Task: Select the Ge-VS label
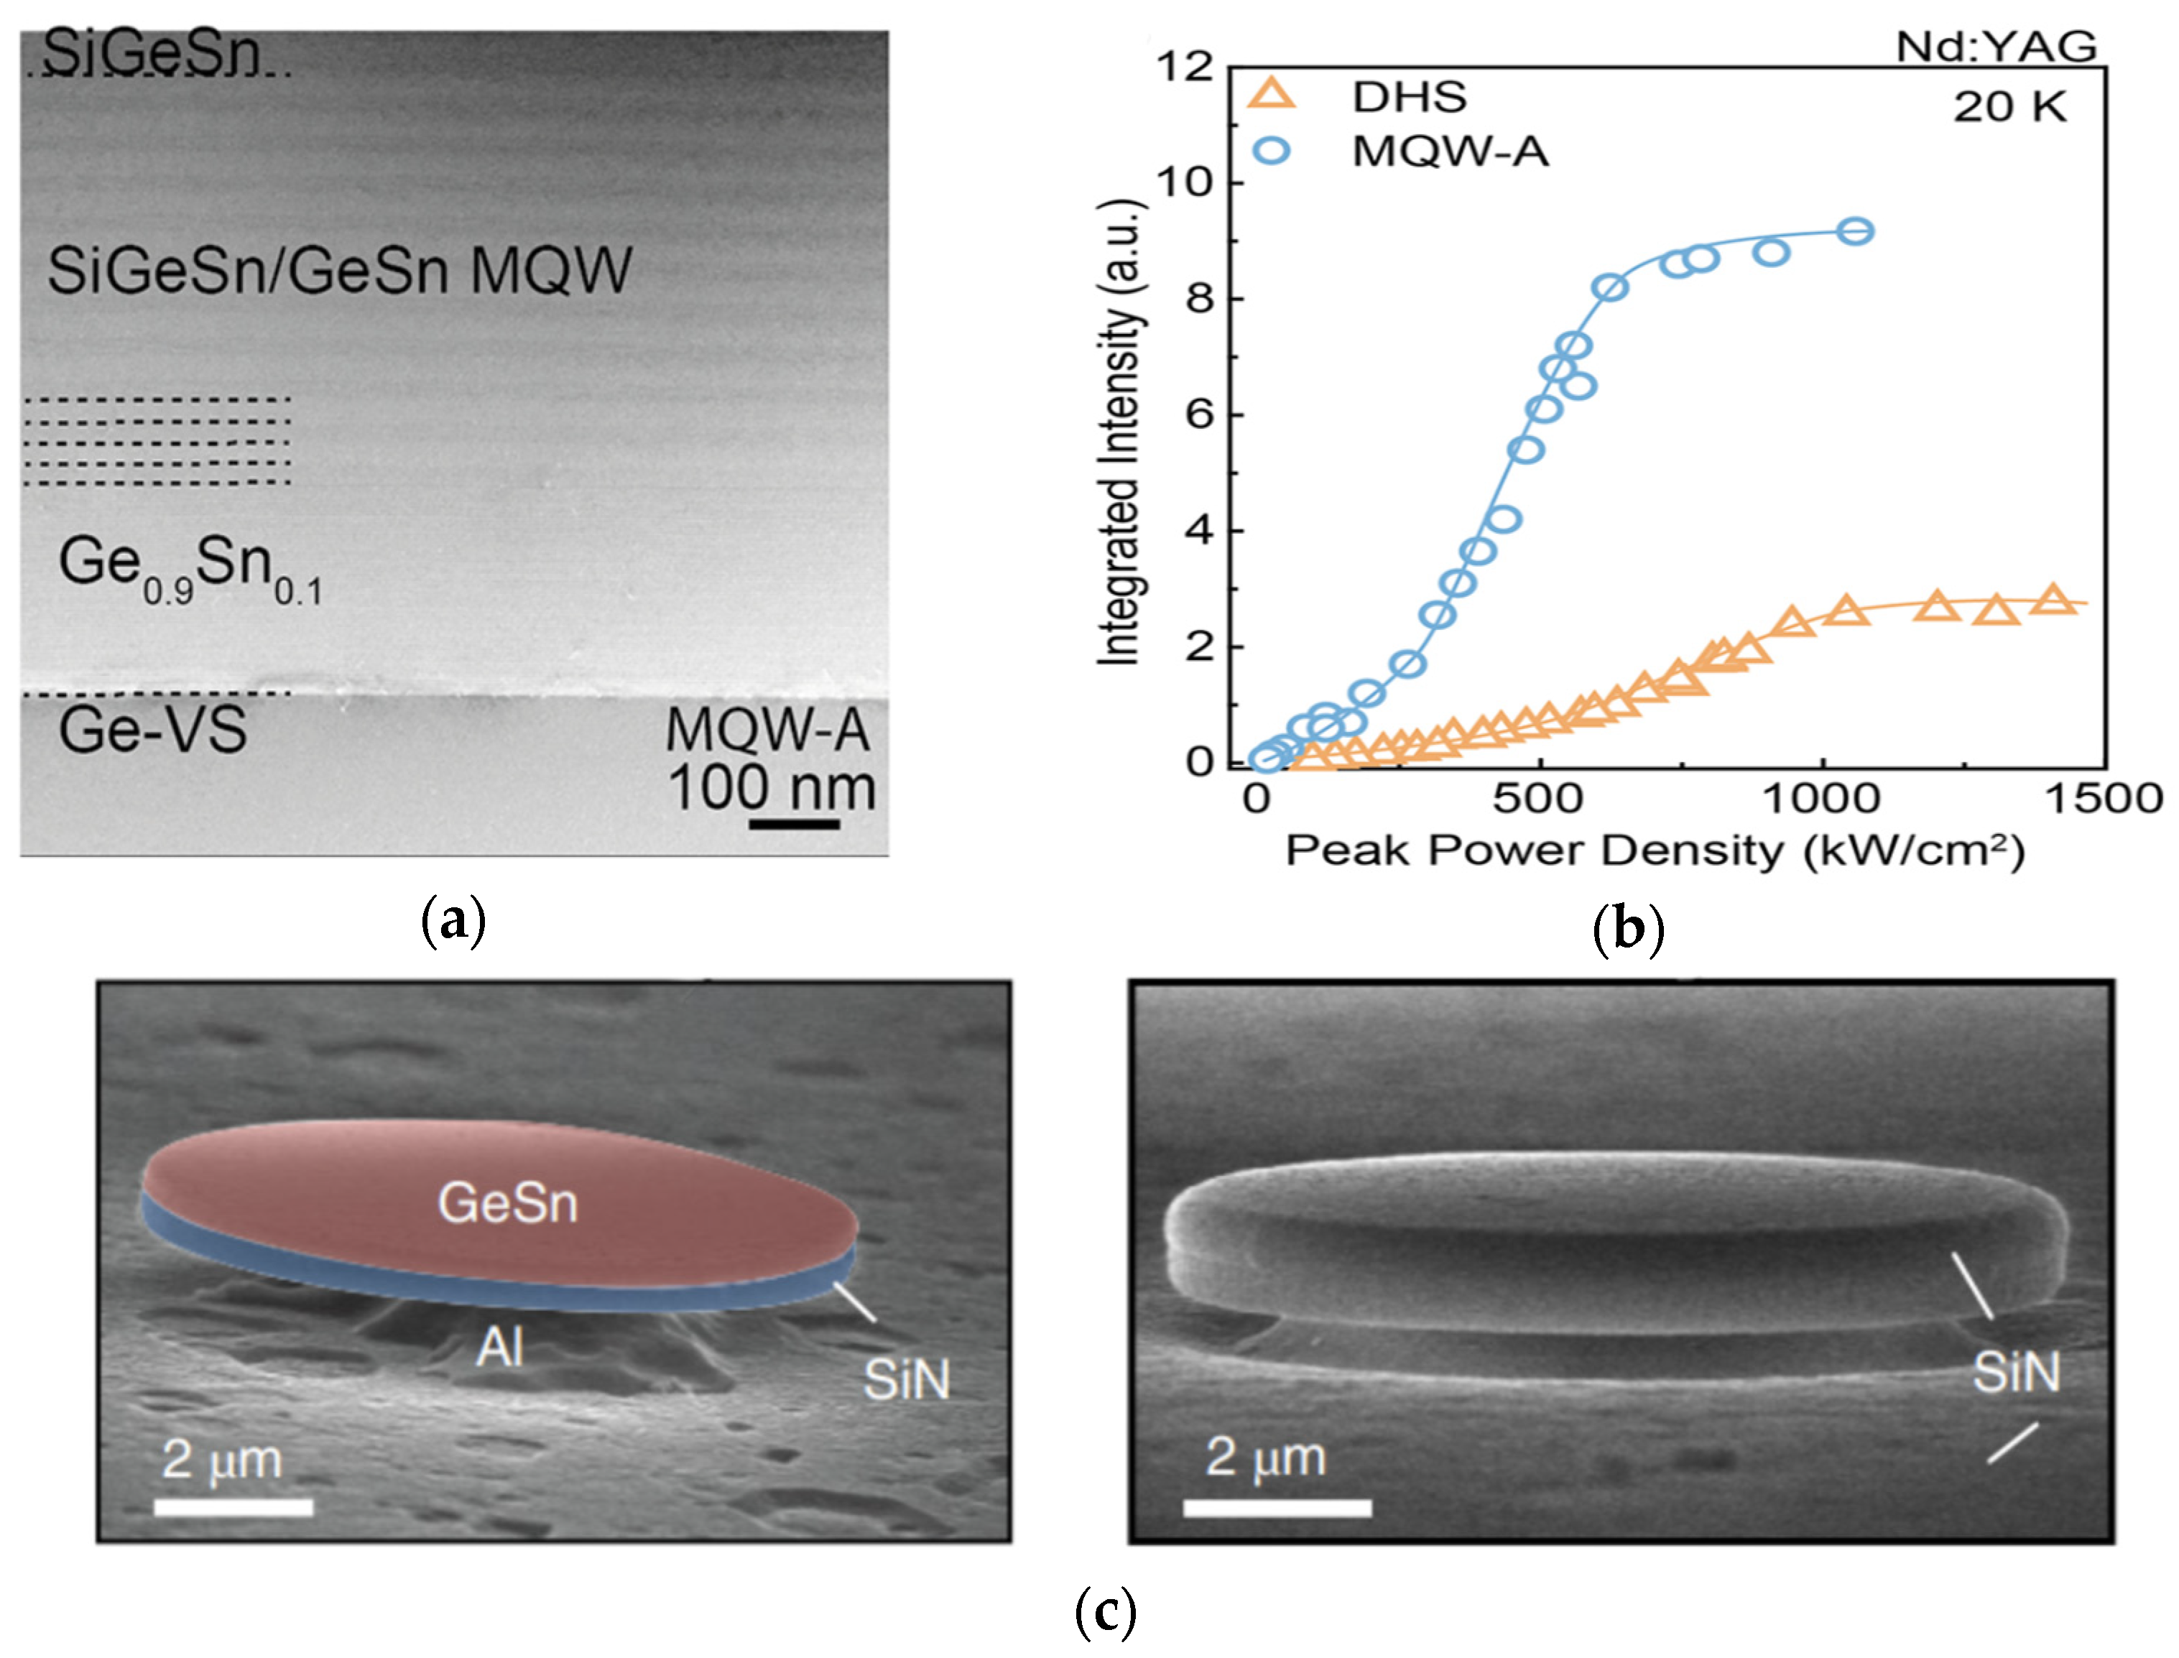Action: tap(152, 731)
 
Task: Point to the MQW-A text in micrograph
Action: tap(768, 731)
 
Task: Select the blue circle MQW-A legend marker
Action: tap(1273, 151)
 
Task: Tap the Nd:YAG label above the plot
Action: tap(1996, 47)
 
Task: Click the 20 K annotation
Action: tap(2009, 106)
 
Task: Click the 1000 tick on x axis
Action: tap(1822, 797)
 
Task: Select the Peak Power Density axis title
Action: tap(1654, 851)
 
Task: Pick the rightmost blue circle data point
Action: tap(1856, 231)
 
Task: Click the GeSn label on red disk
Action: tap(507, 1203)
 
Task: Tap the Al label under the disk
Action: tap(499, 1347)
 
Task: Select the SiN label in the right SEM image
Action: tap(2016, 1372)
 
